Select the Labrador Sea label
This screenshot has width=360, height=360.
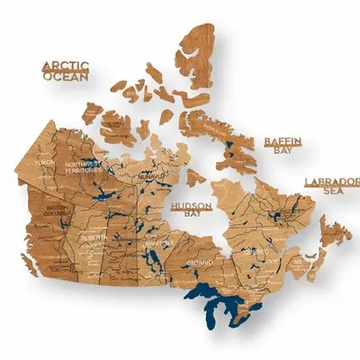[x=331, y=186]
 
